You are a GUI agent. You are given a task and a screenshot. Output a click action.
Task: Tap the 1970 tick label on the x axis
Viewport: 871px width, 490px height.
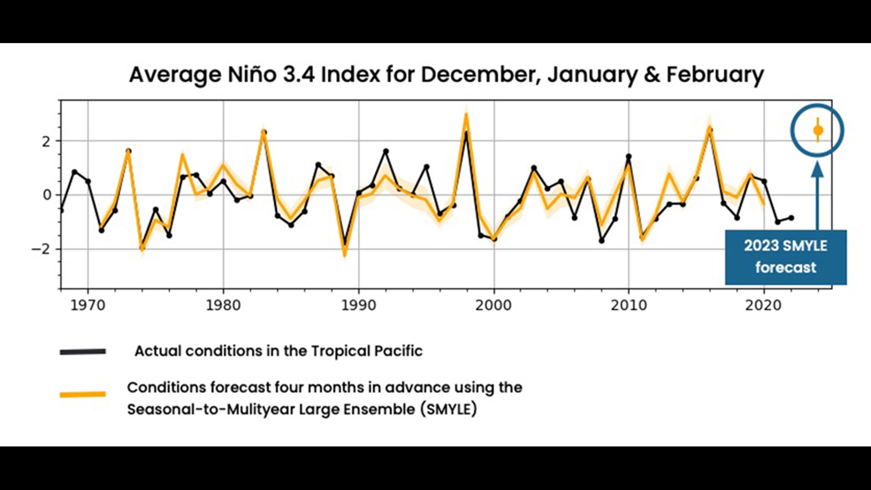click(88, 305)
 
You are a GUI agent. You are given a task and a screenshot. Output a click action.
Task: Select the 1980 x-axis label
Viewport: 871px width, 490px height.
click(223, 305)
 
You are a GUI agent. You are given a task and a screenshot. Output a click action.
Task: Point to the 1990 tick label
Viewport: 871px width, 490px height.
click(359, 305)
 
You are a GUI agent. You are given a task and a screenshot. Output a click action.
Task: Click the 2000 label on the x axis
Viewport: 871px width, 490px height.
click(494, 305)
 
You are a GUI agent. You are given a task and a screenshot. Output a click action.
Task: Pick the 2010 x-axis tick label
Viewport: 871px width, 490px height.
click(629, 305)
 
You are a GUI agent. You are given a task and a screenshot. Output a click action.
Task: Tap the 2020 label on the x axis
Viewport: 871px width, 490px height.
click(763, 305)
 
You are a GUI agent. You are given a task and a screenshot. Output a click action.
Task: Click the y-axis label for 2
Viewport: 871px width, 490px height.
click(46, 142)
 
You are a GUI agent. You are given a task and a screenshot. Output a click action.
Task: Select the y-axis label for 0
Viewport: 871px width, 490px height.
click(47, 195)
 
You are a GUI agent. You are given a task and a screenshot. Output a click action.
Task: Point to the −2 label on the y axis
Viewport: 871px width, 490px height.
click(41, 249)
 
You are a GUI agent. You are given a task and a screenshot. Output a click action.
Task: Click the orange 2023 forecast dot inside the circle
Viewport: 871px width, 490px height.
click(818, 131)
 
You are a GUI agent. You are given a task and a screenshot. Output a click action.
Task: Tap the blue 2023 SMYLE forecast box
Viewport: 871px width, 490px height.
click(786, 257)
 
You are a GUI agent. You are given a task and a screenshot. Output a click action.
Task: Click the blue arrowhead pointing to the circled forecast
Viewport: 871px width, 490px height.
click(817, 169)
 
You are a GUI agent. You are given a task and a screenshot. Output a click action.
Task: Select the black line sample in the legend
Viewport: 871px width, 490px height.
click(83, 352)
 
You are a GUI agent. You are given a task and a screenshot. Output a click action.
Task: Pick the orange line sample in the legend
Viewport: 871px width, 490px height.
click(83, 394)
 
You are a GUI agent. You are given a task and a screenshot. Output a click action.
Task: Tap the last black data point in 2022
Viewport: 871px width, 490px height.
click(791, 218)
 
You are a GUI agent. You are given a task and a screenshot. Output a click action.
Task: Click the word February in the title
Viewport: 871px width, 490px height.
click(715, 74)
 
